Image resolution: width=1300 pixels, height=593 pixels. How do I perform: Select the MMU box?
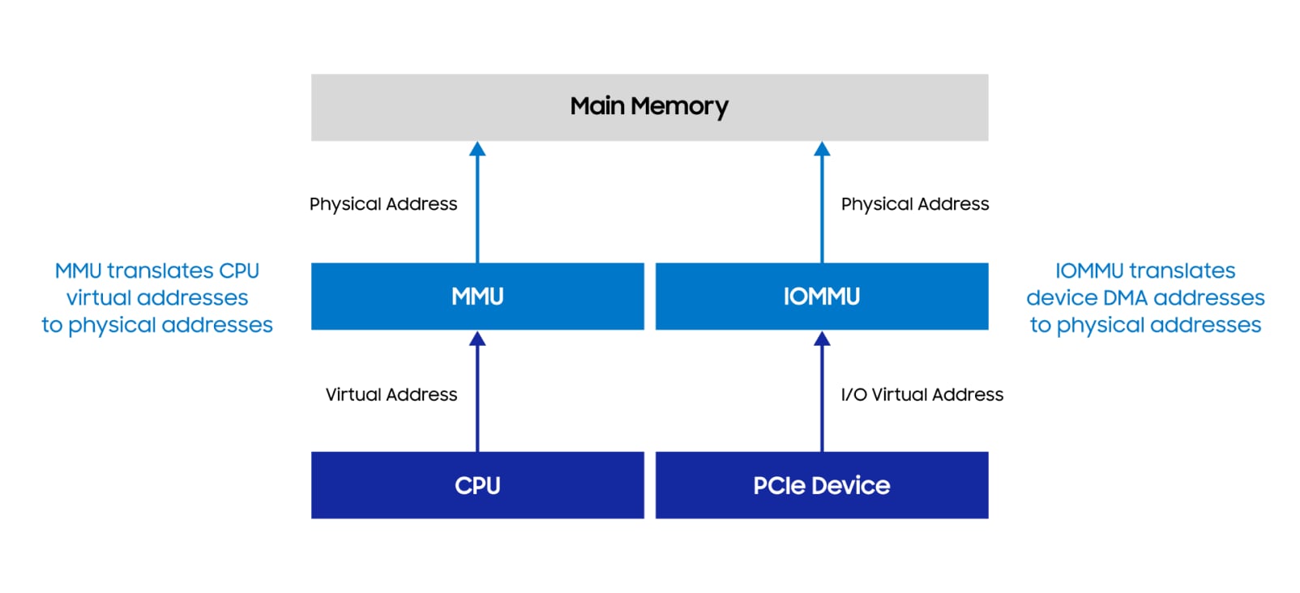coord(477,296)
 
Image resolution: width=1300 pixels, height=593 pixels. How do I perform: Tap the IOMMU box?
coord(821,296)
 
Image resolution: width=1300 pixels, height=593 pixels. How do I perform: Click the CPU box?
coord(477,485)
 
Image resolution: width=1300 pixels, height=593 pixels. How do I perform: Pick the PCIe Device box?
coord(821,485)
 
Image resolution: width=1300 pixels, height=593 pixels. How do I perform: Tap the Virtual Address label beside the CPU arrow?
coord(391,395)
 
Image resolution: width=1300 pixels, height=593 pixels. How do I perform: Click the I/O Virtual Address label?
coord(922,395)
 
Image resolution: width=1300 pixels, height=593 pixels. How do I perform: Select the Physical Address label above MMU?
coord(383,204)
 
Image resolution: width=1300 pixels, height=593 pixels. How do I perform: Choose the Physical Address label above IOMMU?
coord(914,204)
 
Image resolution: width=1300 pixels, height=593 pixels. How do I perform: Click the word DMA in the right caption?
coord(1121,298)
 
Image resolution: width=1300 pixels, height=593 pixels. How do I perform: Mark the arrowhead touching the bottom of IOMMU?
coord(822,339)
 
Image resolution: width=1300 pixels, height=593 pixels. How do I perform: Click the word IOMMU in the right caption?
coord(1088,271)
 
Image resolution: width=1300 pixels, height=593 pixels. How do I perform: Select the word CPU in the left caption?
coord(239,271)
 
